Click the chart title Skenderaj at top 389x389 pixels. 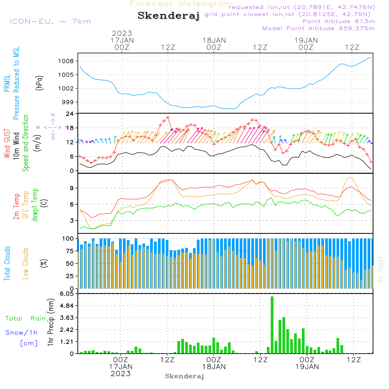[x=168, y=16]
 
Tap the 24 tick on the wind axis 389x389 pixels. [x=70, y=114]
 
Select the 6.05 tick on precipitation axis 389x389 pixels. [x=67, y=294]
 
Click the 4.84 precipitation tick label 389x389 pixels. [x=67, y=306]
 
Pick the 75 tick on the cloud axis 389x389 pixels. [x=69, y=251]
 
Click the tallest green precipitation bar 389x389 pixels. [x=272, y=325]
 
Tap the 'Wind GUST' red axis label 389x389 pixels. [x=7, y=142]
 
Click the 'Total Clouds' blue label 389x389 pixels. [x=7, y=263]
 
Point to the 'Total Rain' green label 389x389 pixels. [x=26, y=319]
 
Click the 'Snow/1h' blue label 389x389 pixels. [x=21, y=333]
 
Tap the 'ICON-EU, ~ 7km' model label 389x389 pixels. [x=50, y=21]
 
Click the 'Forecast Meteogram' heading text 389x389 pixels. [x=181, y=4]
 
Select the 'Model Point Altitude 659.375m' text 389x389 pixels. [x=319, y=28]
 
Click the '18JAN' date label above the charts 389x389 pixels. [x=214, y=40]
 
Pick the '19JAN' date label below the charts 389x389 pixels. [x=307, y=367]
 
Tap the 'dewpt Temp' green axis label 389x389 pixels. [x=35, y=205]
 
